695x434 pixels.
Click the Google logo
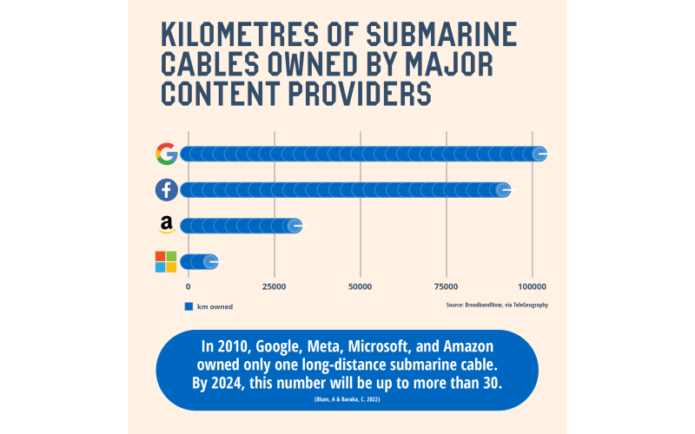coord(166,154)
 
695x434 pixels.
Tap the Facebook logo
coord(166,189)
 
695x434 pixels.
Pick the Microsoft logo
coord(166,261)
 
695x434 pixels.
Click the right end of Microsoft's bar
coord(211,261)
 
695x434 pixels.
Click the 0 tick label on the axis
coord(189,286)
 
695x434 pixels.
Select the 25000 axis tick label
coord(275,286)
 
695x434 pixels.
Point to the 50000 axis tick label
coord(361,286)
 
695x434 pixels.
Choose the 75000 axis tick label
coord(447,286)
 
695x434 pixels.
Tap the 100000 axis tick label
coord(533,286)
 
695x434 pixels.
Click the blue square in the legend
coord(188,306)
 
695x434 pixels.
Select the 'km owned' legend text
coord(215,306)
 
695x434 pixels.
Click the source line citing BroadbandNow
coord(497,305)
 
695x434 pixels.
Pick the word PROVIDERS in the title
coord(360,91)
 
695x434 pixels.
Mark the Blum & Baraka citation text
coord(347,398)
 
